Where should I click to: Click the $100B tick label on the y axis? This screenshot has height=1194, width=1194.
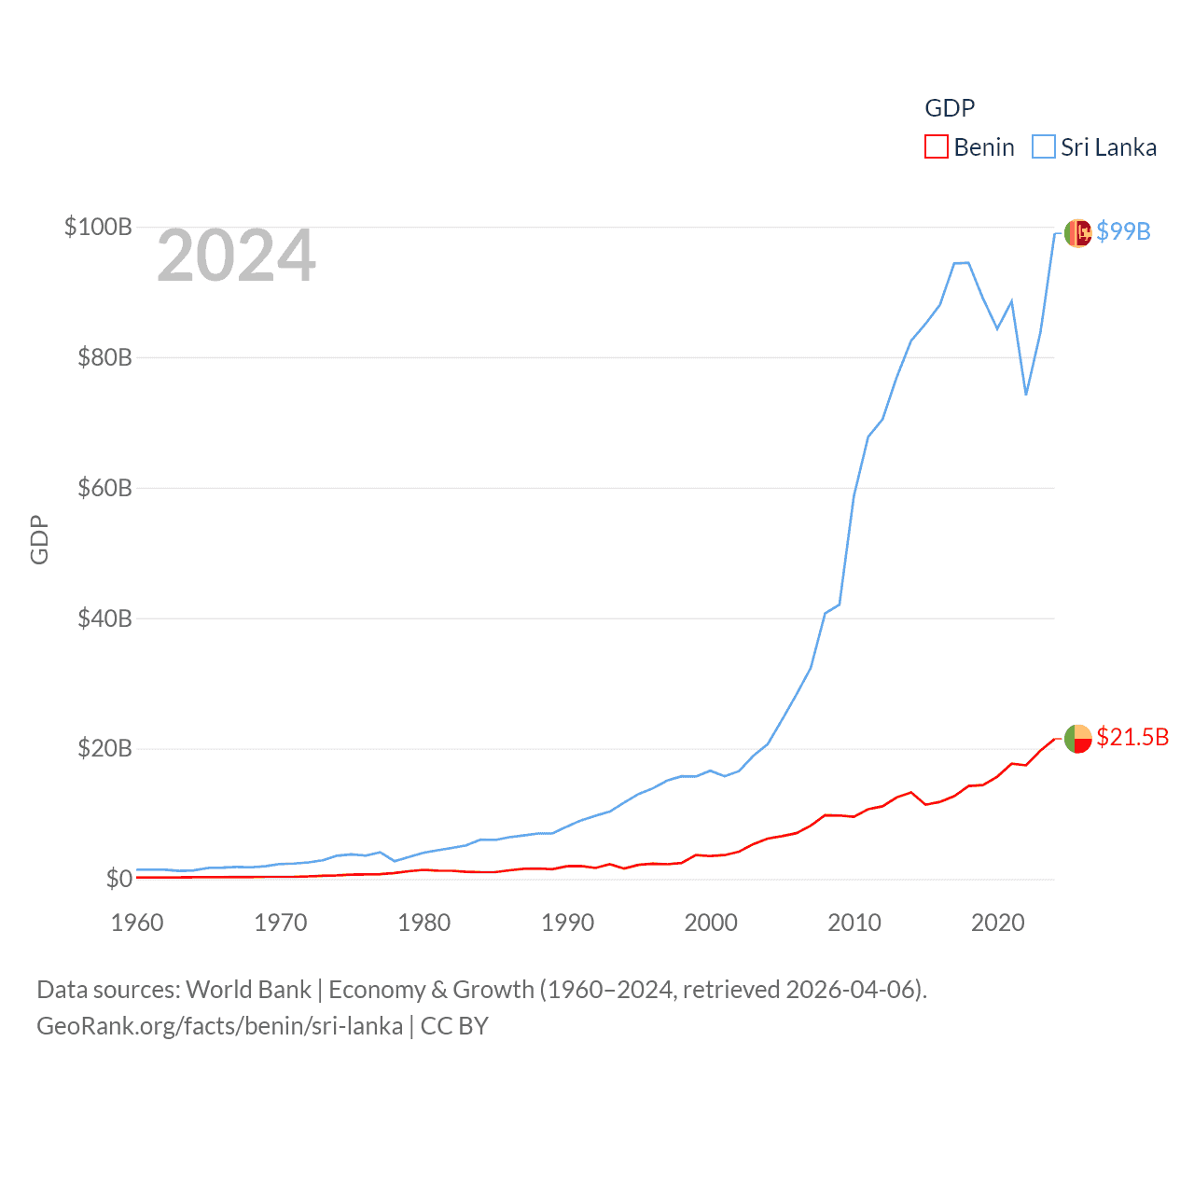pos(97,227)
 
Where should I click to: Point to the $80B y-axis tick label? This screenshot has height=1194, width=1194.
pos(104,357)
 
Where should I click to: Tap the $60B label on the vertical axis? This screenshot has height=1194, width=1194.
pos(104,488)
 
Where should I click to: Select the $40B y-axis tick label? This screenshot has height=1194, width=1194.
pos(104,618)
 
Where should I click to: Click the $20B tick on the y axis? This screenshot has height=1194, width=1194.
pos(104,748)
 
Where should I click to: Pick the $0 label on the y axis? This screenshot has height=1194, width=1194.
pos(118,879)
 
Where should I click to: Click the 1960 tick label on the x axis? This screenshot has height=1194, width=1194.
pos(137,923)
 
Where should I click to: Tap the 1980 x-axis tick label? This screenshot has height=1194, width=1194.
pos(424,923)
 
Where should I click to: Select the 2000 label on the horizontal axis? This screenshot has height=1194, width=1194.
pos(711,923)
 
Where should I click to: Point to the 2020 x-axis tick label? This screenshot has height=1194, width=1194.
pos(998,923)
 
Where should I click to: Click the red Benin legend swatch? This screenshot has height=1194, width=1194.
pos(937,147)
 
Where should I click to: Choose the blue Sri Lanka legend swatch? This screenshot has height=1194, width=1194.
pos(1044,147)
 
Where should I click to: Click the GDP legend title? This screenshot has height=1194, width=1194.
pos(950,108)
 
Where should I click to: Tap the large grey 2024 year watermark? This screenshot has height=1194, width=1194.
pos(236,256)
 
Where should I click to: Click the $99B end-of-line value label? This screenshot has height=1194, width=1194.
pos(1123,231)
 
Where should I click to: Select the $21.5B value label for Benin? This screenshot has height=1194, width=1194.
pos(1132,737)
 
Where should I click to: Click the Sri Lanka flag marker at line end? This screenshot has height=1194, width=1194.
pos(1077,233)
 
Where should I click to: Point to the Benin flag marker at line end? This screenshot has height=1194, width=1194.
pos(1077,738)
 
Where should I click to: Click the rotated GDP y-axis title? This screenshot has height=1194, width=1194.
pos(39,539)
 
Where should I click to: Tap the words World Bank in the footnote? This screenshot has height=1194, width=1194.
pos(248,989)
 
